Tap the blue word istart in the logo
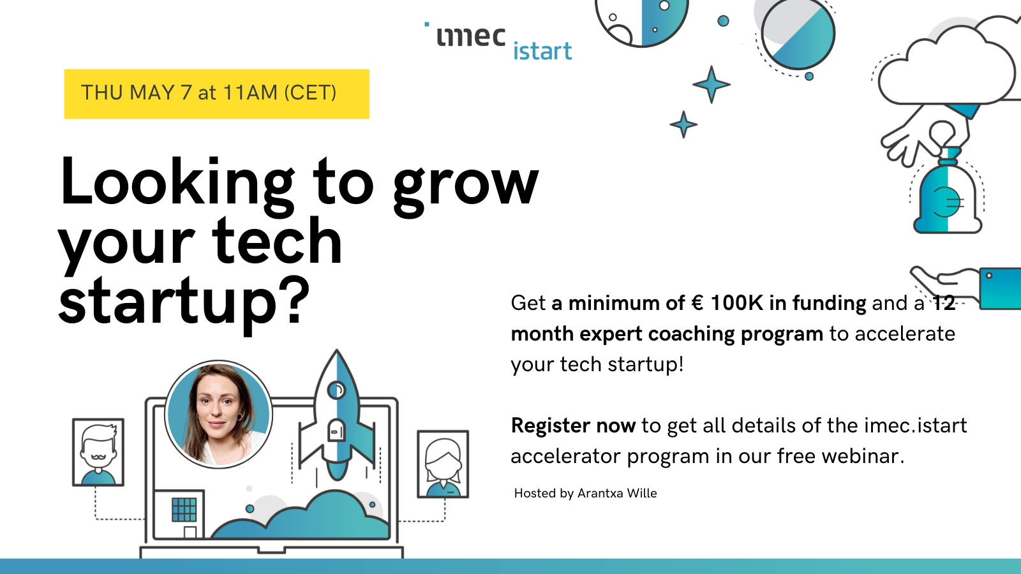(x=542, y=51)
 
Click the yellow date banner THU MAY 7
(x=216, y=94)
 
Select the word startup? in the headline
(x=184, y=303)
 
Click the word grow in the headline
(x=466, y=187)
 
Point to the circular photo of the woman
(x=218, y=414)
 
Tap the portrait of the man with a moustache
(x=98, y=452)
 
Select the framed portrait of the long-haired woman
(x=443, y=464)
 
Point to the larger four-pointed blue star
(x=711, y=84)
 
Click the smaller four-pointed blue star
(x=683, y=124)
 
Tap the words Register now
(x=573, y=425)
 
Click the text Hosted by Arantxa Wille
(x=585, y=494)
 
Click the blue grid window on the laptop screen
(x=184, y=510)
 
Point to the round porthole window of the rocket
(x=337, y=390)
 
